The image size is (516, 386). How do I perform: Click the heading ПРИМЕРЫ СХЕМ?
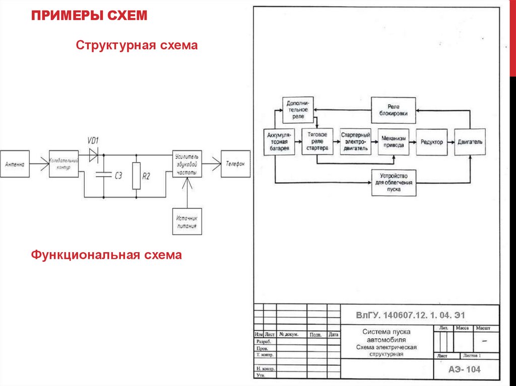89,16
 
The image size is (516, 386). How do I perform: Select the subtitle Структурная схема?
137,46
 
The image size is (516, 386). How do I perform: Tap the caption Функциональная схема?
106,255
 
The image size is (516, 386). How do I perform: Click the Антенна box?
15,164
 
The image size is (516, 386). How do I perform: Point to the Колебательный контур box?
64,164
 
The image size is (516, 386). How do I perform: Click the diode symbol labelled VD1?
93,155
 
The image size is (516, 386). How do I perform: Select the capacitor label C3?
118,176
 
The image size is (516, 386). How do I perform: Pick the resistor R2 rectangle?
136,176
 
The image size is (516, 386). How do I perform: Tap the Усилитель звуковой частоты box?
187,164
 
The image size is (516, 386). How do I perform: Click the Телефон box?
235,164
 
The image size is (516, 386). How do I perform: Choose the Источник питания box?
187,221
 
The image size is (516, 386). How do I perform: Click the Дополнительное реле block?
298,110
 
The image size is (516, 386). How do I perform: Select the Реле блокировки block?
394,110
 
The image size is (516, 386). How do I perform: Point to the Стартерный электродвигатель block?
356,142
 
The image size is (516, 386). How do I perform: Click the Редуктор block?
432,142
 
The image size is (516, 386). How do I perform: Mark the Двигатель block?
470,142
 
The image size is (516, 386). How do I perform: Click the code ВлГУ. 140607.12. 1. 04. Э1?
410,316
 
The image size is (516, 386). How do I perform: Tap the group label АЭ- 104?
465,369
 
